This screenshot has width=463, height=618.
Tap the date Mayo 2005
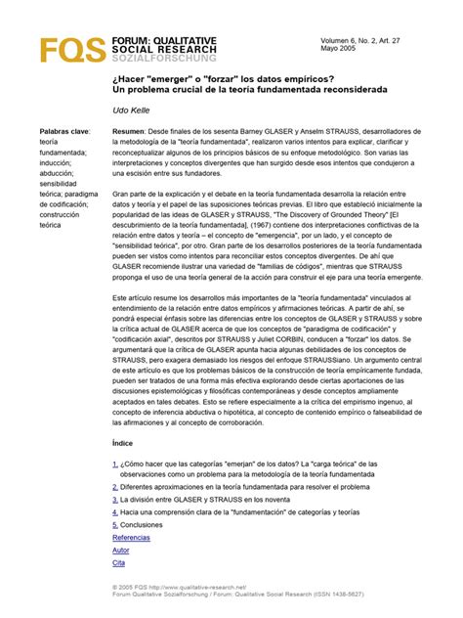click(x=340, y=50)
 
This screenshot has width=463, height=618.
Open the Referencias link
click(x=132, y=537)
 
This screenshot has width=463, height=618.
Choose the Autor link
click(x=121, y=550)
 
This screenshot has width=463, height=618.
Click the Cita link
click(x=119, y=563)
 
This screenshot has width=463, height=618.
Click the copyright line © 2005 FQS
click(x=195, y=588)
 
